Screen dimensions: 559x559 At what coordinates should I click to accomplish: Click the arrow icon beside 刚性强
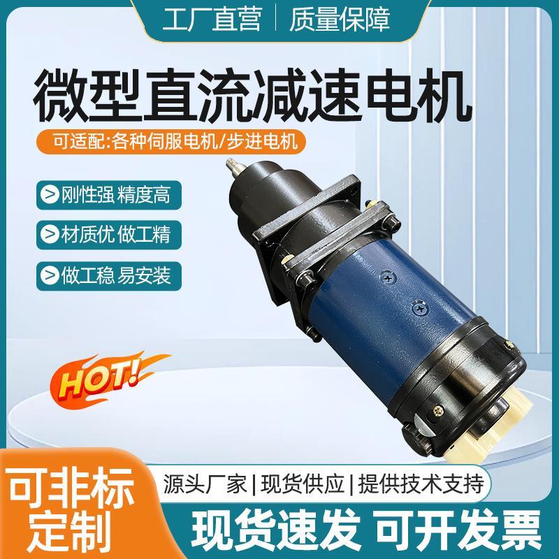click(50, 191)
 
